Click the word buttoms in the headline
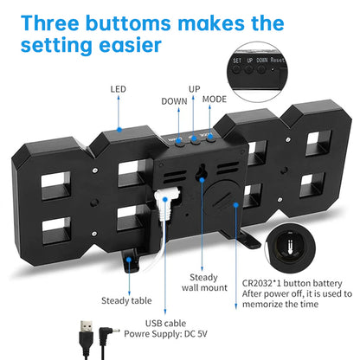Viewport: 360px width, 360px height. pyautogui.click(x=128, y=23)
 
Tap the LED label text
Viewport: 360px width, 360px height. pyautogui.click(x=119, y=89)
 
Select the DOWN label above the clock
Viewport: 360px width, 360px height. pyautogui.click(x=174, y=101)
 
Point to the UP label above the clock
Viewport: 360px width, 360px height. pyautogui.click(x=195, y=89)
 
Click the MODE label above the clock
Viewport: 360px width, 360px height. pyautogui.click(x=215, y=100)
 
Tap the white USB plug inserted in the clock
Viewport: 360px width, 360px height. pyautogui.click(x=166, y=202)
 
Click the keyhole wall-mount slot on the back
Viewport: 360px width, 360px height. pyautogui.click(x=201, y=173)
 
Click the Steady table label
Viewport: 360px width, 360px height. pyautogui.click(x=126, y=300)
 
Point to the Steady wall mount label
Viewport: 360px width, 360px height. pyautogui.click(x=204, y=282)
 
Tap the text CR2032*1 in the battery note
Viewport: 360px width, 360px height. pyautogui.click(x=261, y=283)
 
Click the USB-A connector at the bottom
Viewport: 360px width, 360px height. pyautogui.click(x=87, y=339)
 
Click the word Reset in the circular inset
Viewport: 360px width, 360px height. pyautogui.click(x=277, y=60)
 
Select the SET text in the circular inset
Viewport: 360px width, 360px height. pyautogui.click(x=237, y=61)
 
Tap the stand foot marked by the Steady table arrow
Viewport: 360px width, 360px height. pyautogui.click(x=131, y=261)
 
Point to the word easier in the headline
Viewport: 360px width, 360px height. pyautogui.click(x=130, y=45)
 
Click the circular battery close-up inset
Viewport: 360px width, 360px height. pyautogui.click(x=290, y=248)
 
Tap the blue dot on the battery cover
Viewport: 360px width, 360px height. pyautogui.click(x=236, y=205)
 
